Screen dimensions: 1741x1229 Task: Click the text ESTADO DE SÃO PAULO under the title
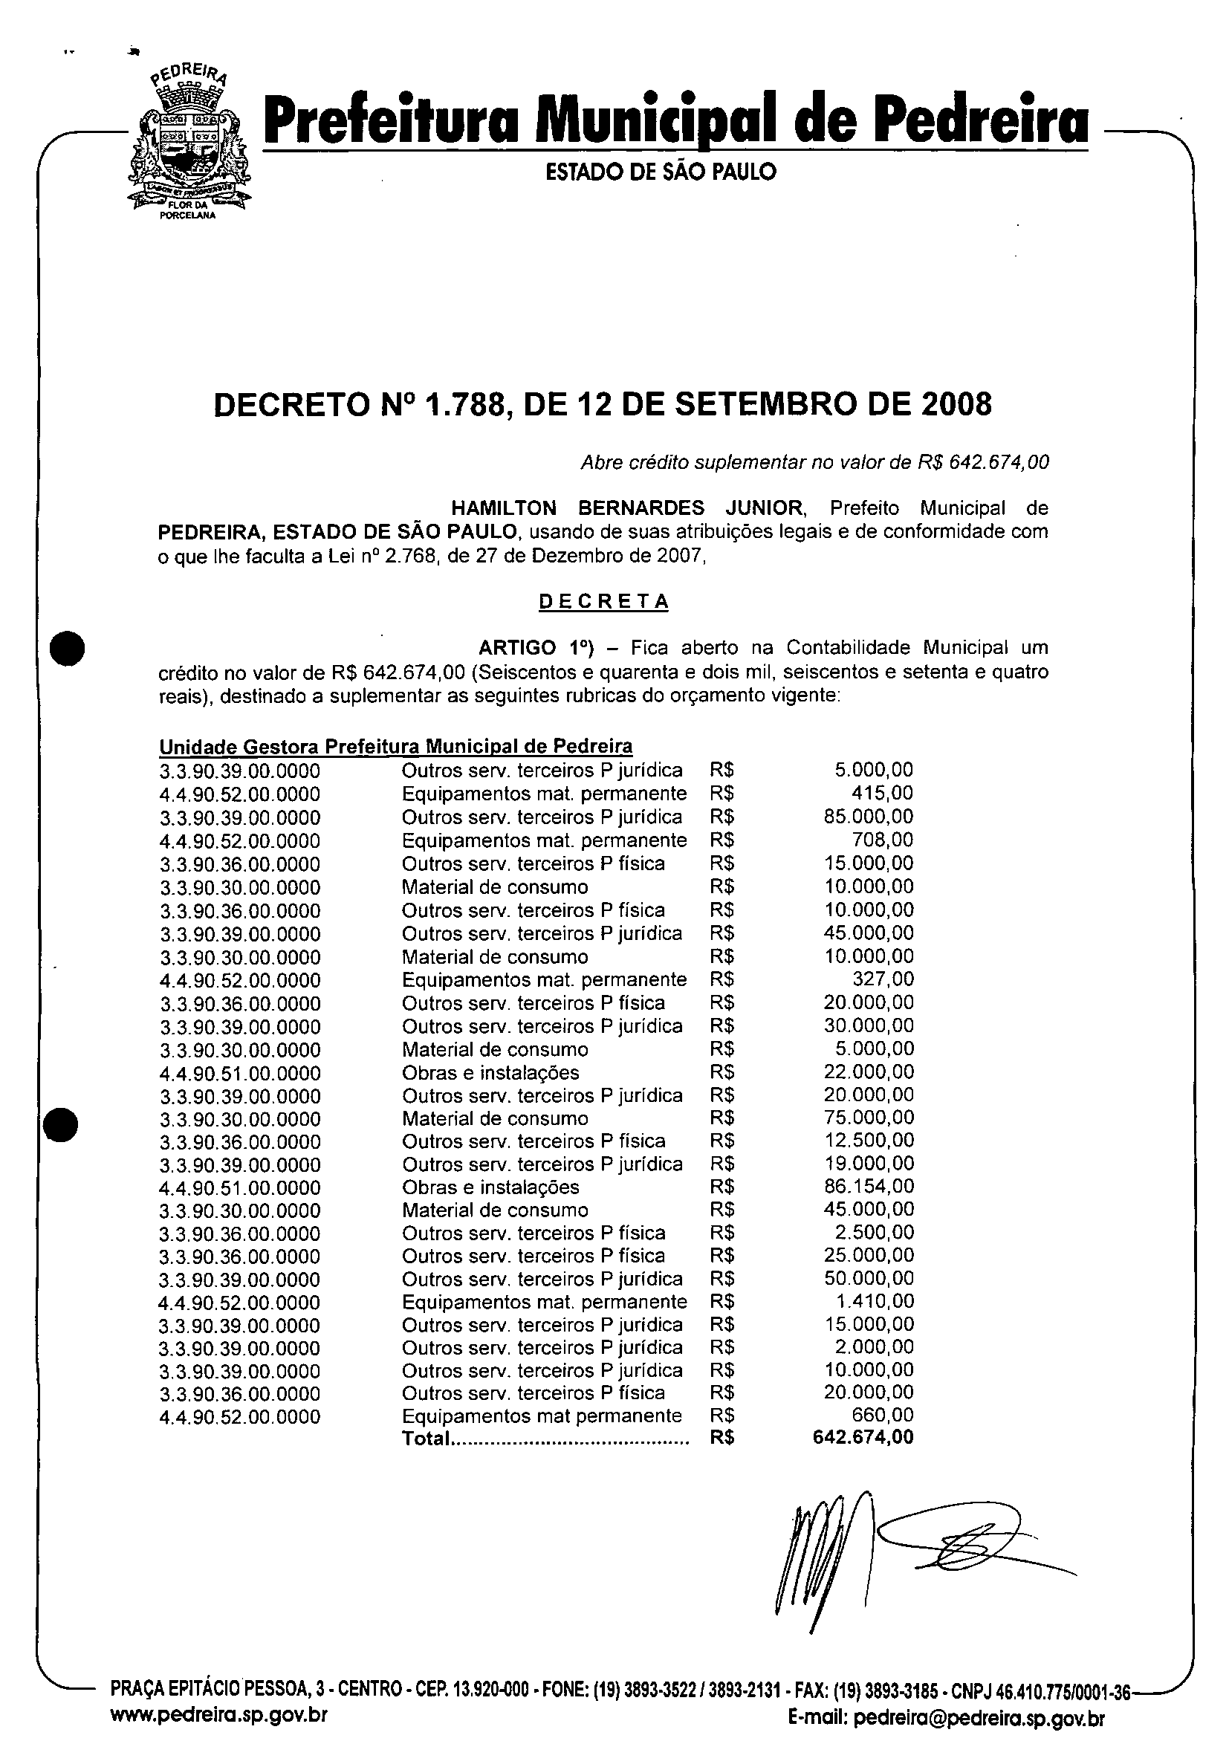pos(661,172)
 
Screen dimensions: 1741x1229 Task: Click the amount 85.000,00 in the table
pos(868,817)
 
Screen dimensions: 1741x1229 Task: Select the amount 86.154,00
pos(868,1186)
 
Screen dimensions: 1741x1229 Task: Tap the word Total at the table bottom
pos(426,1439)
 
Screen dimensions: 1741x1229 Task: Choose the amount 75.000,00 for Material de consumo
pos(868,1117)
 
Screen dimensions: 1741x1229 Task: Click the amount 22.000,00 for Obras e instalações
pos(868,1071)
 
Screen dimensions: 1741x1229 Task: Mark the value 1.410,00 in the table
pos(873,1301)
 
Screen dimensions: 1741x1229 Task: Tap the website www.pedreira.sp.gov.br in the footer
pos(219,1716)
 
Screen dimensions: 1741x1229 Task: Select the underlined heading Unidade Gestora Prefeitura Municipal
pos(395,747)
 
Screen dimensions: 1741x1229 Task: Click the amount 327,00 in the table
pos(883,979)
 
